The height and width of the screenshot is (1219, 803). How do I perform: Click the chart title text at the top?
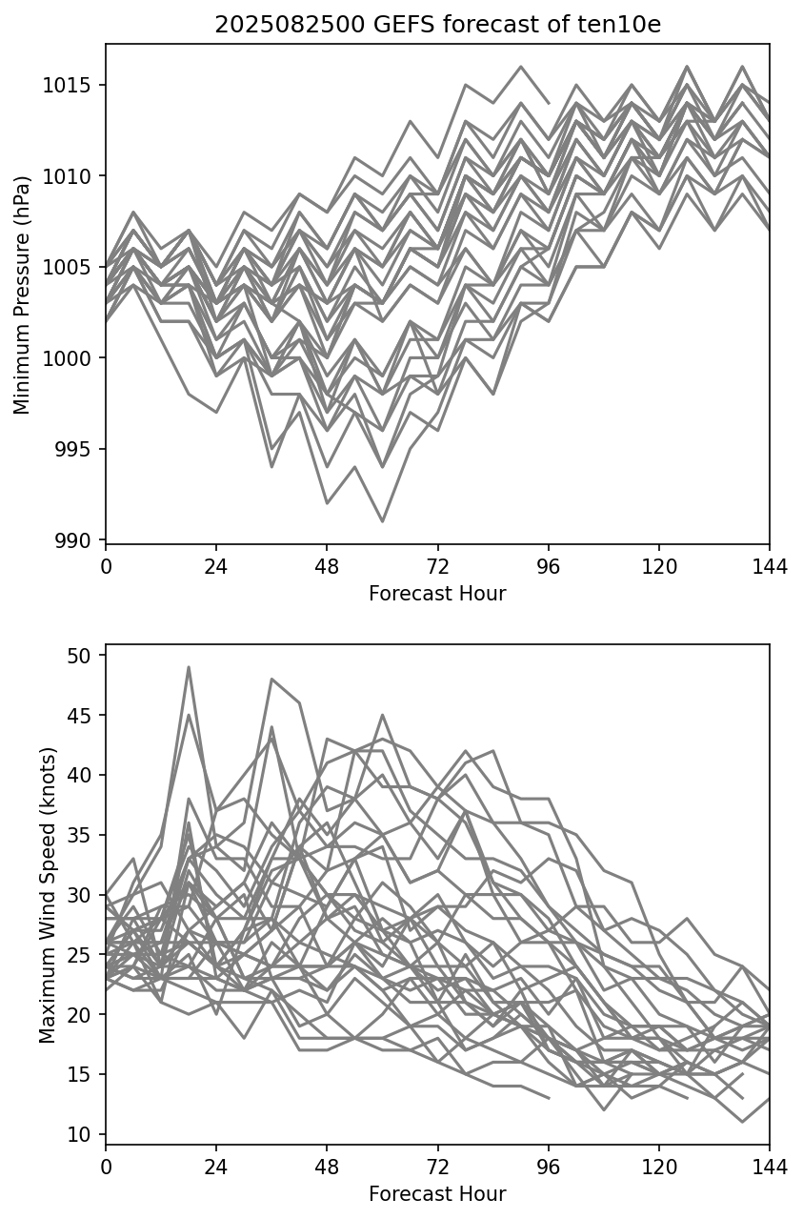[437, 26]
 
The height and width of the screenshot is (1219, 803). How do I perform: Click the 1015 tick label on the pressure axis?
[73, 86]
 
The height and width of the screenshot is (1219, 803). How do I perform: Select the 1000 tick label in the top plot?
[73, 358]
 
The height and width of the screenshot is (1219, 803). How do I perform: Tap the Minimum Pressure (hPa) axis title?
[23, 295]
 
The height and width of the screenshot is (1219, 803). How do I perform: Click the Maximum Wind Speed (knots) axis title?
[49, 895]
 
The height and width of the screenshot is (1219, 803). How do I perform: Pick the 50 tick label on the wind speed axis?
[79, 656]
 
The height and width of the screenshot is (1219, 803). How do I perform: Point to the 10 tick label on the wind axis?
[79, 1134]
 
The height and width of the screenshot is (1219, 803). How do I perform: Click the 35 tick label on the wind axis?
[79, 835]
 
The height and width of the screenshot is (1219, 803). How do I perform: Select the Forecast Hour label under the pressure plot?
[437, 594]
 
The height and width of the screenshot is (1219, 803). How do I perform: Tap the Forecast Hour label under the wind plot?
[437, 1194]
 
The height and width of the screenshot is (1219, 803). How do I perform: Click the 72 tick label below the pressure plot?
[437, 568]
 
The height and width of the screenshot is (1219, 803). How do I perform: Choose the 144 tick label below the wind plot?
[770, 1168]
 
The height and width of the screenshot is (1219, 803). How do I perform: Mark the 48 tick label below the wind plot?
[327, 1168]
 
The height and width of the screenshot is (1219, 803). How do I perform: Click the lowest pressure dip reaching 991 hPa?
[382, 521]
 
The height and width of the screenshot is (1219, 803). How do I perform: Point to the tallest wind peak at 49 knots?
[189, 667]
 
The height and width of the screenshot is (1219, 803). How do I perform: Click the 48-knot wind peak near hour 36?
[271, 679]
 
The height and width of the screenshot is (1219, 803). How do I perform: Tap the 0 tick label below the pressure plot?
[106, 568]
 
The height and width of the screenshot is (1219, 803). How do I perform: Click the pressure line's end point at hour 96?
[549, 103]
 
